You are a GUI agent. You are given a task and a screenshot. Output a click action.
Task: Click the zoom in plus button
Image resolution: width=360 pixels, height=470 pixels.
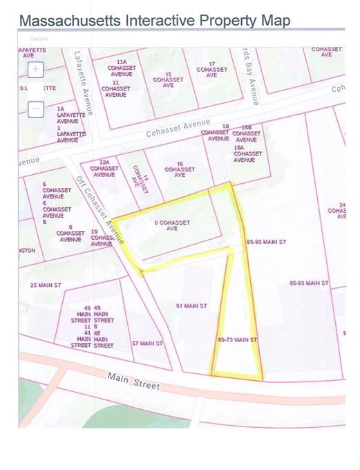coord(36,69)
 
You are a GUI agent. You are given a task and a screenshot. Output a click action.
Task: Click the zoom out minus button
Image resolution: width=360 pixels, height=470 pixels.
coord(36,109)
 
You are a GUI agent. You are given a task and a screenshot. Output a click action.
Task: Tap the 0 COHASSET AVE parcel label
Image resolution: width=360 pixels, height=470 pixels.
coord(171,225)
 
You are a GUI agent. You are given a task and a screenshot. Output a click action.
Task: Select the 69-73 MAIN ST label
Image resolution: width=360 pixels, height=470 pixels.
coord(237,340)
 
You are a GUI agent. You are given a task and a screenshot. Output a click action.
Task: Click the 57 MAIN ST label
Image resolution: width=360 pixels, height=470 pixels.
coord(147,343)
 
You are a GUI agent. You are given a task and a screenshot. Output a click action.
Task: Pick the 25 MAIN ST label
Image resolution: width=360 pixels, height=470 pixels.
coord(46,285)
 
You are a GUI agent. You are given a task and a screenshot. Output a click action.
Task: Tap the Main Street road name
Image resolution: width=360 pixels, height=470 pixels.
coord(133,380)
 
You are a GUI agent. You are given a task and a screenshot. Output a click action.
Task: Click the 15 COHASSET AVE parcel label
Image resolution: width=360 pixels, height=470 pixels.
coord(168,79)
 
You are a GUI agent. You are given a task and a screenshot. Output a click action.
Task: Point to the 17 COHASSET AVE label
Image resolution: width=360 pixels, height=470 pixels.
coord(211,70)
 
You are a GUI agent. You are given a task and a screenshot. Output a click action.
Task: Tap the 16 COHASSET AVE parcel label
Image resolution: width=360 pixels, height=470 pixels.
coord(180,171)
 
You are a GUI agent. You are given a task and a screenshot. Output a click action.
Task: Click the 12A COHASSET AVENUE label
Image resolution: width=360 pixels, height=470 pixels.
coord(104,171)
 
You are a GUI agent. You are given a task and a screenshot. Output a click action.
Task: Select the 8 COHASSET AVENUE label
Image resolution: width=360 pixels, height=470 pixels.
coord(70,236)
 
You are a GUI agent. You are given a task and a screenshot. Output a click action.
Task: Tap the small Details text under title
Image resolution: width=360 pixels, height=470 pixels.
coord(40,39)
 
